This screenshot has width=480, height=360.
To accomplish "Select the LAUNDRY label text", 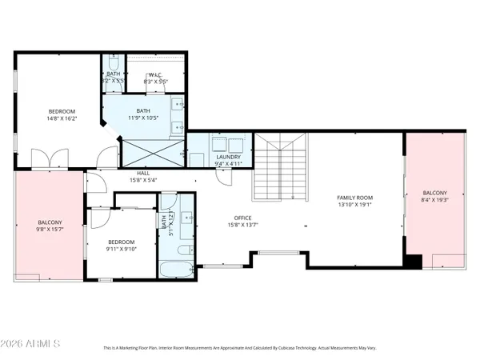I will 229,158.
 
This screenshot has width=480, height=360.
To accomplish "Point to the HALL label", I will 143,173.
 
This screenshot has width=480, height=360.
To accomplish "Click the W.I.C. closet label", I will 156,74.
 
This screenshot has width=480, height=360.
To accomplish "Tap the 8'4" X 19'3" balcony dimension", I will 436,201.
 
